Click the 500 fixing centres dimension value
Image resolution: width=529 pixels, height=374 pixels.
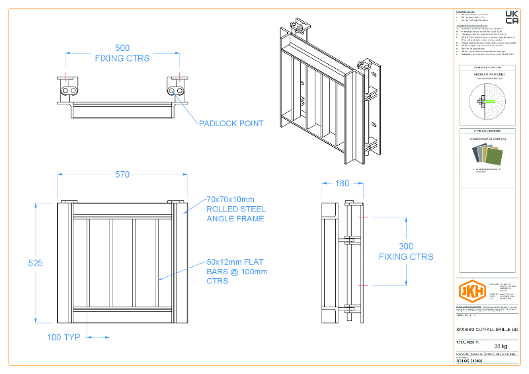click(x=122, y=48)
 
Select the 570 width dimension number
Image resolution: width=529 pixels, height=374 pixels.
click(x=122, y=174)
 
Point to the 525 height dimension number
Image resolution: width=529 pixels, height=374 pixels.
click(x=35, y=263)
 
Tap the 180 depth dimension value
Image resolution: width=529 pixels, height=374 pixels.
click(x=342, y=183)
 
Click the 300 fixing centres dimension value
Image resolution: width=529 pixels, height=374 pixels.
click(x=406, y=246)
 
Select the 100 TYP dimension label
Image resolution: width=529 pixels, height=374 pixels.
click(x=63, y=337)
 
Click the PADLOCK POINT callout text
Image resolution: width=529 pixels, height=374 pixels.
click(x=231, y=123)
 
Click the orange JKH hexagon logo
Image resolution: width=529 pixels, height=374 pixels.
click(x=472, y=291)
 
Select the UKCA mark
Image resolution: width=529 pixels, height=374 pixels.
click(x=512, y=18)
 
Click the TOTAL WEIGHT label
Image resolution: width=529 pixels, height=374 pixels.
click(x=468, y=340)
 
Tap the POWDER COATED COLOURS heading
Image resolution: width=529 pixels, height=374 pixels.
click(x=488, y=139)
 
